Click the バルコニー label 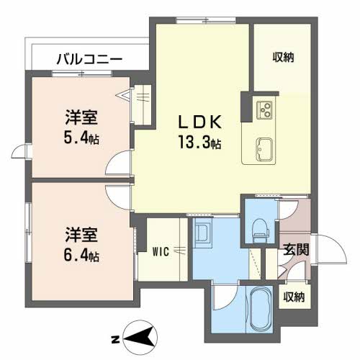click(x=89, y=60)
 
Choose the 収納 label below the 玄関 click(x=293, y=295)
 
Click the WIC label click(x=160, y=251)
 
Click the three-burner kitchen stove click(x=264, y=109)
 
